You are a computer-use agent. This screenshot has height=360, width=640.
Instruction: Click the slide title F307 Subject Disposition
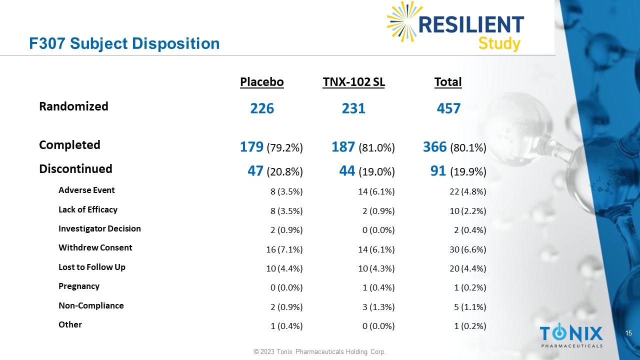coord(124,43)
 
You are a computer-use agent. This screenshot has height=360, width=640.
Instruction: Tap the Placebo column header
coord(262,82)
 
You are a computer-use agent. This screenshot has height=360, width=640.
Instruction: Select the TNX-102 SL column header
coord(354,82)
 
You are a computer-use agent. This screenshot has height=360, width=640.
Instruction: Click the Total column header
coord(448,82)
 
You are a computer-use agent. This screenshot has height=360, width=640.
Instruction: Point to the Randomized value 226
coord(262,108)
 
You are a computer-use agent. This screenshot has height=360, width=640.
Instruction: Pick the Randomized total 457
coord(448,108)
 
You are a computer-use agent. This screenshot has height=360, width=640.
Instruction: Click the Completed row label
coord(69,145)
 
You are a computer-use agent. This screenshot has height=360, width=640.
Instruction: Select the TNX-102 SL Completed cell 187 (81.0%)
coord(363,147)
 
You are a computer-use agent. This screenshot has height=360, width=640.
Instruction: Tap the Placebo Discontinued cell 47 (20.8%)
coord(275,171)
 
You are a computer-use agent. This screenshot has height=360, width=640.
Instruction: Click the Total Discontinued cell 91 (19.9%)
coord(458,171)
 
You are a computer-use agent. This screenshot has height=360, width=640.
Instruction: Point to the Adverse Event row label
coord(86,190)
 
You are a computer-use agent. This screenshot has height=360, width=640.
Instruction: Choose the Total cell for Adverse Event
coord(467,191)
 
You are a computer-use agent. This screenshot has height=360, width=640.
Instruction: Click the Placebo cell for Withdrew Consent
coord(284,249)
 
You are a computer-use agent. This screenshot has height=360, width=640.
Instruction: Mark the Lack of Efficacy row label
coord(88,209)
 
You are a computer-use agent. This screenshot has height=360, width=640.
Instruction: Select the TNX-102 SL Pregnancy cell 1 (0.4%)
coord(378,287)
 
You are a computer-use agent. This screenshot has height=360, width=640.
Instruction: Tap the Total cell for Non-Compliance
coord(470,307)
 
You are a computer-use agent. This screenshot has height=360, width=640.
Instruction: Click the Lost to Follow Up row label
coord(92,267)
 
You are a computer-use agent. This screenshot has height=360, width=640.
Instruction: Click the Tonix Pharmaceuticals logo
coord(571,335)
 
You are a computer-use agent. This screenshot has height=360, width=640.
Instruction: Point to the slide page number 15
coord(629,333)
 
